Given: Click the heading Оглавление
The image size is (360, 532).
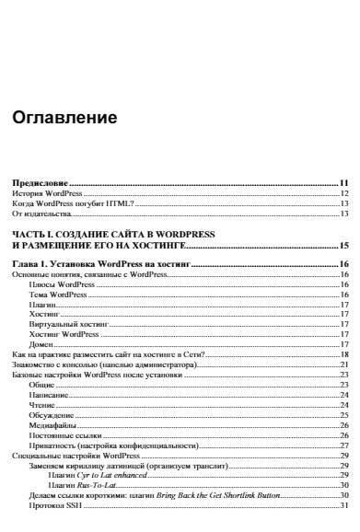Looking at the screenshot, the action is pyautogui.click(x=64, y=120).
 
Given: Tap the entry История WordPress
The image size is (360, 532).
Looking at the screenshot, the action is pyautogui.click(x=47, y=194).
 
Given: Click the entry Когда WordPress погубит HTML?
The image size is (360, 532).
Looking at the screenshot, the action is pyautogui.click(x=73, y=204).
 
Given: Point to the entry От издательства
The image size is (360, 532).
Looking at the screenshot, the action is pyautogui.click(x=41, y=214).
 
